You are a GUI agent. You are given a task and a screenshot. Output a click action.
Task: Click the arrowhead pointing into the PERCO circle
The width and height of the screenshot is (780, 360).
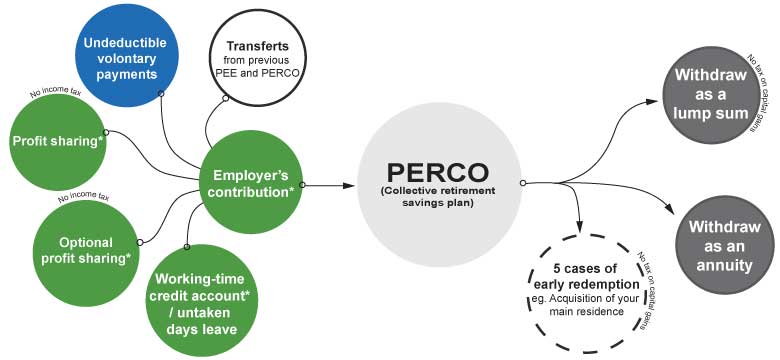pos(350,185)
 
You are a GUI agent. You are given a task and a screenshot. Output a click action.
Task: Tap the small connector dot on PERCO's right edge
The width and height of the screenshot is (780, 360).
pos(522,183)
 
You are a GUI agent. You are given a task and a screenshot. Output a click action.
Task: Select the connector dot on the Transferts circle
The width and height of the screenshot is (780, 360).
pos(226,98)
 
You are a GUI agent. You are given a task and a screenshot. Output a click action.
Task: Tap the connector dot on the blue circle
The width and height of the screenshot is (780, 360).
pos(161,94)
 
